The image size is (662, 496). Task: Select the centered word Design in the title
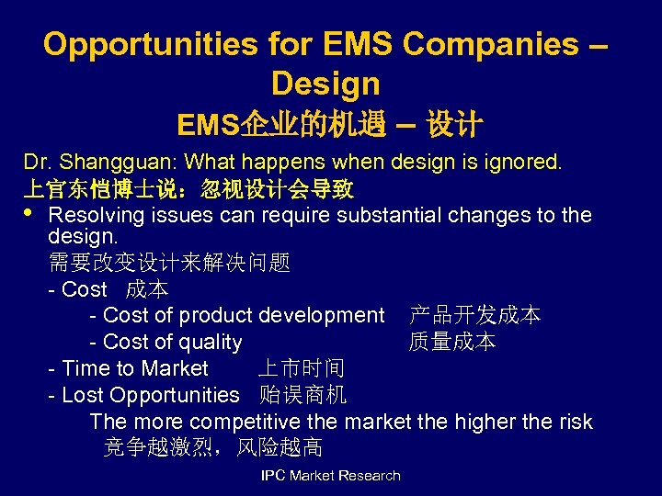click(x=325, y=84)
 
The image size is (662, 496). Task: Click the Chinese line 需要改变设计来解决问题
click(x=169, y=264)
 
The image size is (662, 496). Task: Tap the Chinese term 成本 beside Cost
click(x=147, y=289)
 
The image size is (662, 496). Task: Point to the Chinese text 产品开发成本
click(x=474, y=315)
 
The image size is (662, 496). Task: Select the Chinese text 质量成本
click(x=452, y=342)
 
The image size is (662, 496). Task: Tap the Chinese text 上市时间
click(x=301, y=368)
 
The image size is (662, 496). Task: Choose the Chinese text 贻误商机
click(x=302, y=395)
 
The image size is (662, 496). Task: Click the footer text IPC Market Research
click(x=331, y=475)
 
